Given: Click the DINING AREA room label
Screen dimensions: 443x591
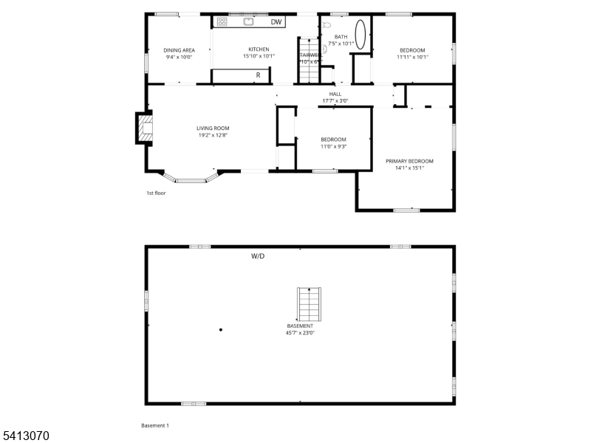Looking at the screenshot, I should tap(179, 50).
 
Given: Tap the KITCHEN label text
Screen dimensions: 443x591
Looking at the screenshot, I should tap(259, 49).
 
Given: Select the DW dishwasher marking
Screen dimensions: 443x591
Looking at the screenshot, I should tap(276, 22).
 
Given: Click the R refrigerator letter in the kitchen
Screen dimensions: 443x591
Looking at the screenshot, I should tap(258, 75).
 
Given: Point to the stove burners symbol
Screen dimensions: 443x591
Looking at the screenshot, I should tap(222, 21).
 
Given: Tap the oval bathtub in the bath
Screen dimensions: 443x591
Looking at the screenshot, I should tap(361, 34).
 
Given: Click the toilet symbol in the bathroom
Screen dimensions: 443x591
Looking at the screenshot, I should tap(327, 26).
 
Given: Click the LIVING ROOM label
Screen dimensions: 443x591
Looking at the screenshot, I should tap(213, 128).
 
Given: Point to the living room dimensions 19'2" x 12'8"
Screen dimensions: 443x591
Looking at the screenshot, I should tap(213, 135).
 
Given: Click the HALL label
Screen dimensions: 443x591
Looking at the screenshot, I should tap(335, 95).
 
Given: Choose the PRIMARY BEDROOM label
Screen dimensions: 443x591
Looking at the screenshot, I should tap(409, 161).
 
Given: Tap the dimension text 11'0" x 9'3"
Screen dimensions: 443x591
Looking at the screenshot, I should tap(333, 146).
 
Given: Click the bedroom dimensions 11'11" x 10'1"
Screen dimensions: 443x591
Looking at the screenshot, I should tap(411, 57).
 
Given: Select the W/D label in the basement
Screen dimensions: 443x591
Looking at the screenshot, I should tap(258, 256).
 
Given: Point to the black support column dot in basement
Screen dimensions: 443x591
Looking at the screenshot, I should tap(220, 329).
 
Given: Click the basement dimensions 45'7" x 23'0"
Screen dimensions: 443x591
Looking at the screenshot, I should tap(300, 333).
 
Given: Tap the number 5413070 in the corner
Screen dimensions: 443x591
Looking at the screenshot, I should tap(26, 436).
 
